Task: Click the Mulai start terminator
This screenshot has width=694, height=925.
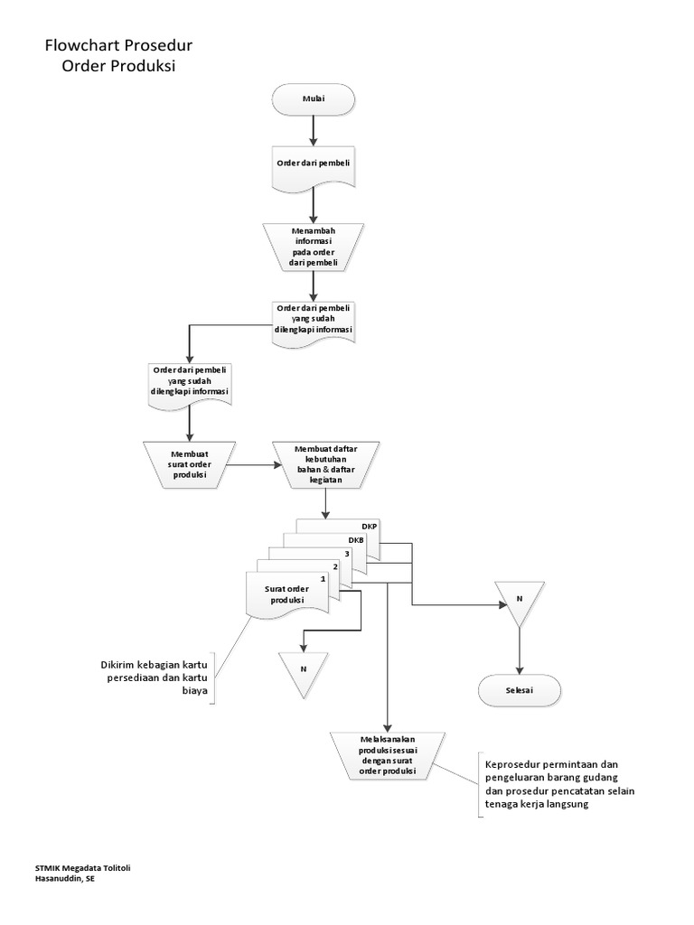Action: (314, 99)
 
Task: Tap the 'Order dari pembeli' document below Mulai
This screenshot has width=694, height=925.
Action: (314, 164)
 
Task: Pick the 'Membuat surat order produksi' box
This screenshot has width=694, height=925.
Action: (189, 462)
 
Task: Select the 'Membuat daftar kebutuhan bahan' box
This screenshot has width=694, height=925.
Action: (326, 462)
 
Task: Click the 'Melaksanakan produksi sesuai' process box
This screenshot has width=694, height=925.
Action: (387, 755)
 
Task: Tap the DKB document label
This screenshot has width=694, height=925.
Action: (355, 540)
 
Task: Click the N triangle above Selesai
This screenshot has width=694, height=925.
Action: (519, 601)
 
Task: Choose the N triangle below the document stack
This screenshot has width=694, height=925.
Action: (303, 671)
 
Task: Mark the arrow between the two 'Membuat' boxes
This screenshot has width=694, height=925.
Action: (256, 466)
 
